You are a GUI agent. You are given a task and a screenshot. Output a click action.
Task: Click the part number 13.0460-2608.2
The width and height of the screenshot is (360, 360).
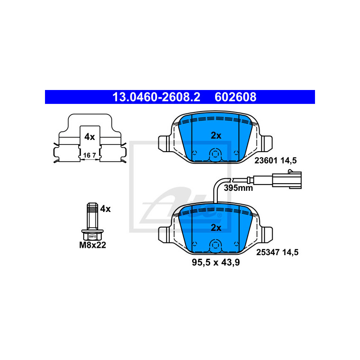click(x=156, y=97)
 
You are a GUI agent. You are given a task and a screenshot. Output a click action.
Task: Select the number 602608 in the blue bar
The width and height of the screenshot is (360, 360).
click(x=235, y=97)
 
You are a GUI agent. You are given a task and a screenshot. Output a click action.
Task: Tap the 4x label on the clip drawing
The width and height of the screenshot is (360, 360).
click(x=90, y=137)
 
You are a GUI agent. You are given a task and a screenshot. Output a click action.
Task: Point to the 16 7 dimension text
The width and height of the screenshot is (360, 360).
click(x=90, y=155)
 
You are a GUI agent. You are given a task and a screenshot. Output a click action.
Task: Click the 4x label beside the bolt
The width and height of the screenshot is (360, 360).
click(x=105, y=209)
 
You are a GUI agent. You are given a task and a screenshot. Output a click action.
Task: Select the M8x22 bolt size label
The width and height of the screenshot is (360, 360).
click(x=93, y=245)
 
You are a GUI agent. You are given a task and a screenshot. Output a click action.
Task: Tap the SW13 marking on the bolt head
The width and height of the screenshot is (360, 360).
click(x=92, y=237)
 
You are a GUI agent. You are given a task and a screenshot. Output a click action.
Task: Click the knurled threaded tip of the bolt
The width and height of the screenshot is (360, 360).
click(x=93, y=208)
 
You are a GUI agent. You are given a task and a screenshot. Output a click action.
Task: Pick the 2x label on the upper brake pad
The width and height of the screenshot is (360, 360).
click(x=216, y=135)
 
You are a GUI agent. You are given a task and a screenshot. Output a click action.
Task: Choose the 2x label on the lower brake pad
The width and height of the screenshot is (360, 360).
click(x=216, y=228)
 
